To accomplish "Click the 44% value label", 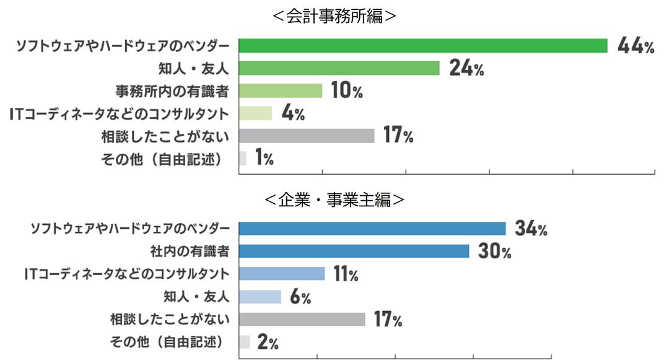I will [636, 46].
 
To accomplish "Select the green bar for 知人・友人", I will [339, 68].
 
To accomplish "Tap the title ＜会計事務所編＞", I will [334, 17].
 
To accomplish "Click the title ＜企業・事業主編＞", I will [334, 200].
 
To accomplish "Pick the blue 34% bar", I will [372, 229].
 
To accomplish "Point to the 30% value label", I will [494, 252].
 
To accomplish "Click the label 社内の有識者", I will [190, 252].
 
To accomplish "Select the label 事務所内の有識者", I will [172, 91].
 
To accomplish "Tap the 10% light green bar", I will [281, 91].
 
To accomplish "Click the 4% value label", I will [292, 114].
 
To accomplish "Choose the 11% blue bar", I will [282, 274].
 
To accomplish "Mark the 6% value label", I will [300, 297].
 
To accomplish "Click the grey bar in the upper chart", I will [307, 136].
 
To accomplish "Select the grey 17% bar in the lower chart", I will [302, 320].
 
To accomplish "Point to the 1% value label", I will [263, 159].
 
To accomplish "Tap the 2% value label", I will [268, 343].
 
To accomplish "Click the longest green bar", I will [423, 46].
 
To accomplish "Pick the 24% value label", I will [466, 68].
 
